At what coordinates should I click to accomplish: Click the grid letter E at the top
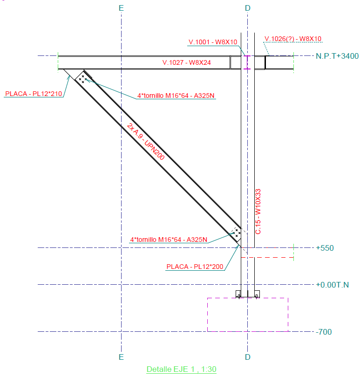pyautogui.click(x=121, y=8)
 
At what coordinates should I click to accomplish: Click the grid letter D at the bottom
pyautogui.click(x=248, y=357)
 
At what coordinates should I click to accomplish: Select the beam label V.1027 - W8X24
pyautogui.click(x=186, y=62)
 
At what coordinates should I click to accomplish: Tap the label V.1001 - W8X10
pyautogui.click(x=213, y=42)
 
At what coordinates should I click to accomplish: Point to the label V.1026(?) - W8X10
pyautogui.click(x=293, y=39)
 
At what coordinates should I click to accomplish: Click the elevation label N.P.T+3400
pyautogui.click(x=337, y=56)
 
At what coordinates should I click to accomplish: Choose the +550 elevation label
pyautogui.click(x=325, y=248)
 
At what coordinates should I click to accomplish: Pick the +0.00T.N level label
pyautogui.click(x=333, y=285)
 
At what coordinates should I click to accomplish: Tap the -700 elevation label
pyautogui.click(x=324, y=332)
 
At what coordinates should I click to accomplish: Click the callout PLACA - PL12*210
pyautogui.click(x=34, y=94)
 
